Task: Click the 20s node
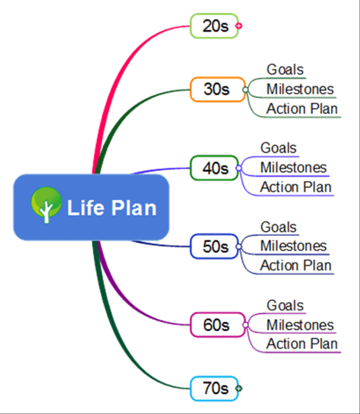(x=215, y=26)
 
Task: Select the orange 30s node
(x=217, y=90)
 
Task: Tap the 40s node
(x=215, y=168)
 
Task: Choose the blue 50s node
(x=215, y=246)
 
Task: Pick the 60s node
(x=216, y=324)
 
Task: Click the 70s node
(x=215, y=388)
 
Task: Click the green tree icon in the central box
(x=46, y=207)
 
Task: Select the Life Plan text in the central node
(x=112, y=208)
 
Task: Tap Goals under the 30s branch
(x=285, y=70)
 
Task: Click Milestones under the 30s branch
(x=300, y=90)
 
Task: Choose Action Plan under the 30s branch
(x=302, y=110)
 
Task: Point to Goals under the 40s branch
(x=278, y=149)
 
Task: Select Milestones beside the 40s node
(x=293, y=168)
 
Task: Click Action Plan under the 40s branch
(x=295, y=188)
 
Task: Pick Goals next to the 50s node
(x=278, y=227)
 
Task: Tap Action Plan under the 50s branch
(x=295, y=265)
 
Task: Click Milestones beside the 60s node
(x=300, y=325)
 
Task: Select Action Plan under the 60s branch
(x=302, y=344)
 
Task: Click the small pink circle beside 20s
(x=239, y=26)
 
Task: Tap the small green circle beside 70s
(x=239, y=388)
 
